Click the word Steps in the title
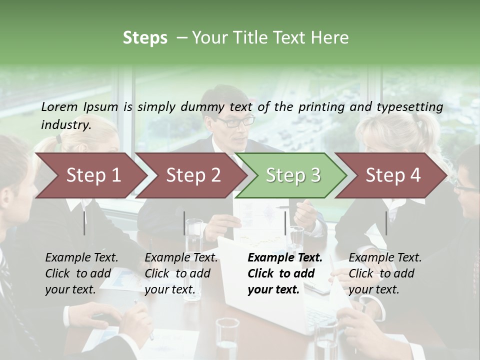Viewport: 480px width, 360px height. [x=145, y=38]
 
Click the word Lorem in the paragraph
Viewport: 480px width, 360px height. [x=59, y=106]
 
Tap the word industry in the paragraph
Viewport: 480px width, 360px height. [x=66, y=125]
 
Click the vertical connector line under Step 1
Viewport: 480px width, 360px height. [x=84, y=222]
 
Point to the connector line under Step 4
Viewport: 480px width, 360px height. [x=386, y=222]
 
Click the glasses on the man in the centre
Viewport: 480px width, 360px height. [x=235, y=121]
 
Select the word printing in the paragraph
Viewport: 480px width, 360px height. [x=319, y=106]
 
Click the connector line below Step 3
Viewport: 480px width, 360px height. [x=285, y=222]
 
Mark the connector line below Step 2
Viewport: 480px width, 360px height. [x=184, y=222]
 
